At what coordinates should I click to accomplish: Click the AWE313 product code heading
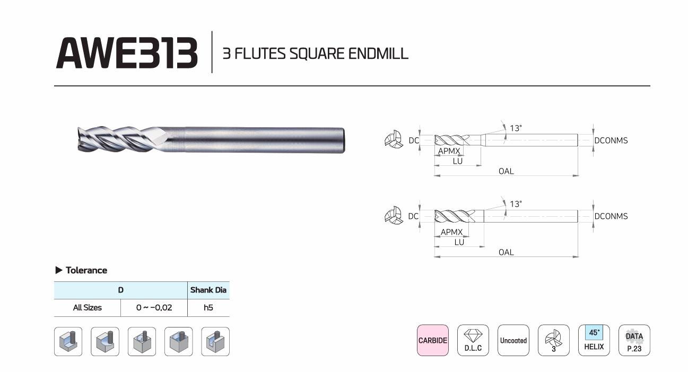(127, 53)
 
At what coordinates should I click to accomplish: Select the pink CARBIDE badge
(433, 340)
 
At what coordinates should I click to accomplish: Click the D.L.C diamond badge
(473, 340)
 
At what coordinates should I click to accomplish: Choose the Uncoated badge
(513, 340)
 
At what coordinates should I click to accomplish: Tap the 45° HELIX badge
(594, 340)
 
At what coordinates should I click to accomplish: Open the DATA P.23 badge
(634, 340)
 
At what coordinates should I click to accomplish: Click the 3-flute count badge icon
(554, 340)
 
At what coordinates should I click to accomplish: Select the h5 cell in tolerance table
(208, 307)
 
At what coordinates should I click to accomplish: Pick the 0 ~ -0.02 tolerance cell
(154, 307)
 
